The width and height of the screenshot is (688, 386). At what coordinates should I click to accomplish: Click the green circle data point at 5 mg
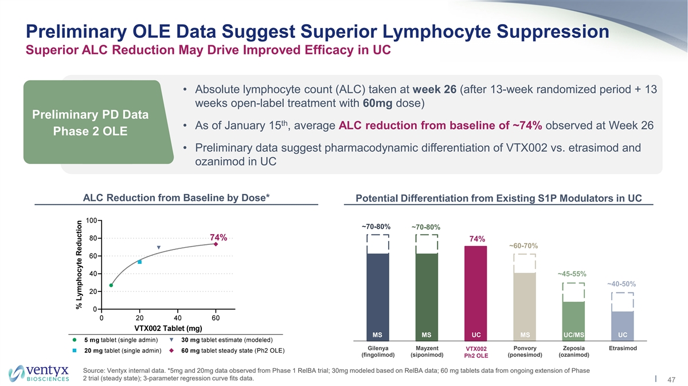111,285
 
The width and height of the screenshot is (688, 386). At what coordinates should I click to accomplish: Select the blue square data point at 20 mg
140,262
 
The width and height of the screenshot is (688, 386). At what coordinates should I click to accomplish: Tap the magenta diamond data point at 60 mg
216,244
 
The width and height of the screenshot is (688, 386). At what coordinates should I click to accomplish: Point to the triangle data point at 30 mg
159,248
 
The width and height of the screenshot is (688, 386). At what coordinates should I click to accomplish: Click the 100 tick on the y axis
91,220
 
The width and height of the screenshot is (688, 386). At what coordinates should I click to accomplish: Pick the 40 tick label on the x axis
178,318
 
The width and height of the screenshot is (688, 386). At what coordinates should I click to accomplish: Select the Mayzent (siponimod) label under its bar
427,352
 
